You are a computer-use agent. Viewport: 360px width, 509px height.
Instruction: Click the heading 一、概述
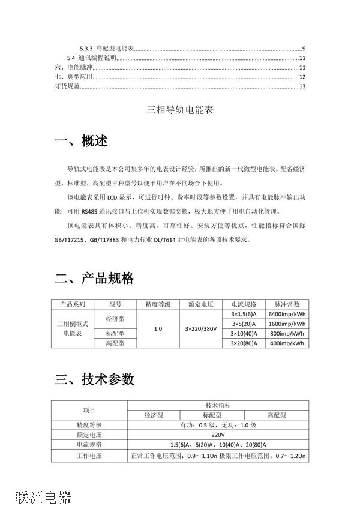(x=82, y=142)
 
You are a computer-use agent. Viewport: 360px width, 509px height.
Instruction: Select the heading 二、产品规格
(x=94, y=279)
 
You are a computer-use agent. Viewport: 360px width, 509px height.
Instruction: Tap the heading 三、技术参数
(x=94, y=379)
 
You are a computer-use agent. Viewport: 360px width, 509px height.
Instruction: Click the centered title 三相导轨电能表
(x=180, y=111)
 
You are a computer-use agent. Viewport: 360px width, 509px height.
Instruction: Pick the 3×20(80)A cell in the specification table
(x=244, y=343)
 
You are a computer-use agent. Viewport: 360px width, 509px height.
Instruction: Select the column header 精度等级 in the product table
(x=158, y=304)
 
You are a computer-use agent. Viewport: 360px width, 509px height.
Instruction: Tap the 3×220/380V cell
(x=200, y=329)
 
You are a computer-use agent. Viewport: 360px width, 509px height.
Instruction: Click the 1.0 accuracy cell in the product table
(x=158, y=329)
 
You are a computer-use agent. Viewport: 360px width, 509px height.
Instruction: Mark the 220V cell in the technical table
(x=218, y=435)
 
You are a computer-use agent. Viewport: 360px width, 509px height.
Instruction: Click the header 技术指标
(x=218, y=406)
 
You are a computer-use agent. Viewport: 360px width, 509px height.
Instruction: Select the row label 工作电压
(x=89, y=456)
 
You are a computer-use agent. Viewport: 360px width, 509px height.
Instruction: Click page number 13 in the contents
(x=302, y=87)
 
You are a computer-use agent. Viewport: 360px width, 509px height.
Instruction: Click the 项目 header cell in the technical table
(x=89, y=410)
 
